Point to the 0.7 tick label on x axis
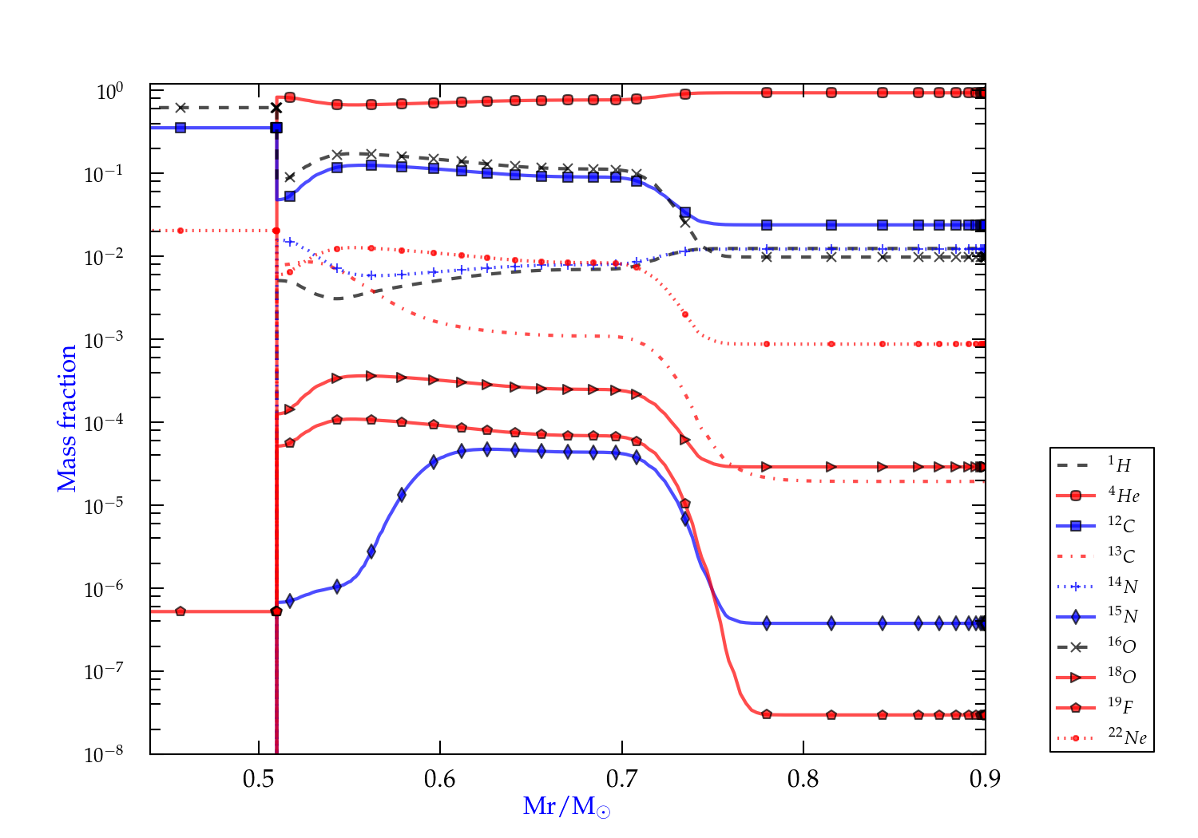[x=621, y=779]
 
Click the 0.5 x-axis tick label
[x=259, y=779]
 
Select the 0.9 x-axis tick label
[x=985, y=779]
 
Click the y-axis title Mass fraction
[x=67, y=418]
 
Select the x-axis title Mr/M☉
[x=567, y=807]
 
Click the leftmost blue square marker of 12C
[x=180, y=128]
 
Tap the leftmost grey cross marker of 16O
[x=181, y=108]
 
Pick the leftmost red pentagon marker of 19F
[x=180, y=611]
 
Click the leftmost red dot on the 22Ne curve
[x=180, y=231]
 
